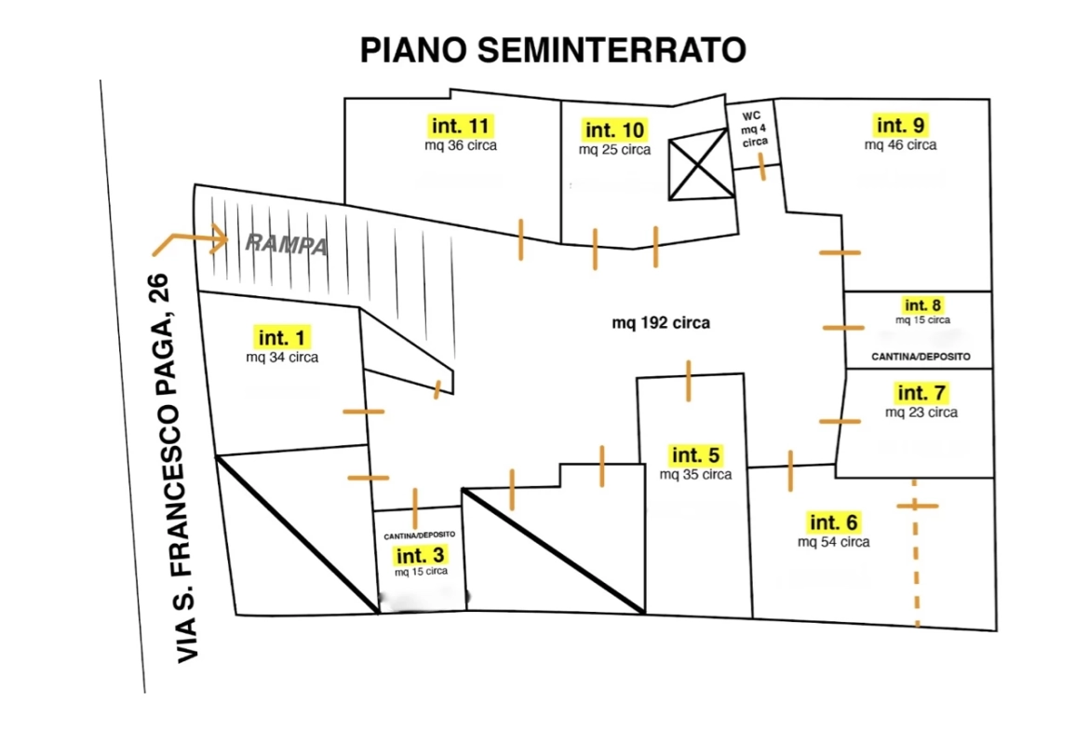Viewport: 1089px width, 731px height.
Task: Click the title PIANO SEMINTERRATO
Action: point(553,50)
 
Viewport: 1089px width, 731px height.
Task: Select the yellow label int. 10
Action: point(613,129)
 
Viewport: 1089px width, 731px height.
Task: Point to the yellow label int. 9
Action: point(900,125)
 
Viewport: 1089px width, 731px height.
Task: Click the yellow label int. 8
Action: point(922,305)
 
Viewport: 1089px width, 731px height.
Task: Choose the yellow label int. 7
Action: point(921,393)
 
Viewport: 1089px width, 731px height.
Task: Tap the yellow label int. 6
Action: point(833,522)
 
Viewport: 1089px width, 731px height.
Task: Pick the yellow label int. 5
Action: point(695,455)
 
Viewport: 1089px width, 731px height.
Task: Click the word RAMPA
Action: point(287,247)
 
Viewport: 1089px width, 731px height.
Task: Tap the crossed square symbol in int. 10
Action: point(701,167)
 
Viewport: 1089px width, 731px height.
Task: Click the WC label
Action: point(752,115)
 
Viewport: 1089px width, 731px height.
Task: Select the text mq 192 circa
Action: point(661,323)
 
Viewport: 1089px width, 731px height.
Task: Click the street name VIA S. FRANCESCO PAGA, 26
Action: point(175,468)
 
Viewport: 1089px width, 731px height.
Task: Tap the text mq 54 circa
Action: point(833,541)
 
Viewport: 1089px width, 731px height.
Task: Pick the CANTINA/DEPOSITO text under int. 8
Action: point(921,357)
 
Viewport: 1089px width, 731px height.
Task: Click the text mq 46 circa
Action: point(900,144)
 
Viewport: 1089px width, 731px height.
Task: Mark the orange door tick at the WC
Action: point(762,169)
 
